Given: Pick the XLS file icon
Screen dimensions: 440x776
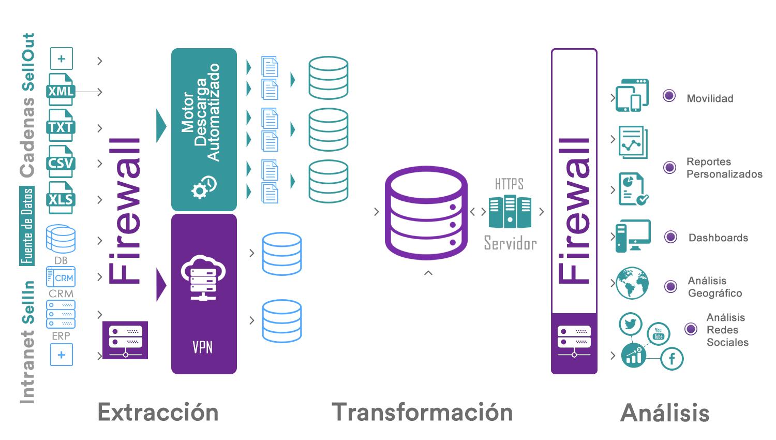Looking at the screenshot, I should click(x=61, y=198).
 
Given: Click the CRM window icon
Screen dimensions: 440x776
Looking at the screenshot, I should click(x=61, y=277).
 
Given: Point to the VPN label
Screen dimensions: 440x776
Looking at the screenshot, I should click(x=202, y=347).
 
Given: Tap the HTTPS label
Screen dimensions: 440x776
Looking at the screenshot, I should click(x=509, y=184).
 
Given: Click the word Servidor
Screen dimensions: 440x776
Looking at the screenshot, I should click(x=510, y=243).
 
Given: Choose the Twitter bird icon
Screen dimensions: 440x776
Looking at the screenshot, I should click(x=630, y=324).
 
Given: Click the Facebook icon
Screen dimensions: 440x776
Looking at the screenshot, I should click(x=672, y=358).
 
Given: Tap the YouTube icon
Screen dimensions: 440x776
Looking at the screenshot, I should click(x=658, y=334).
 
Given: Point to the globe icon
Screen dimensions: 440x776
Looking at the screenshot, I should click(x=632, y=283).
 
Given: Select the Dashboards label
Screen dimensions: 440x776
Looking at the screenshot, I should click(x=718, y=238).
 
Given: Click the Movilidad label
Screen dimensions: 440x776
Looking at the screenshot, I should click(x=710, y=98).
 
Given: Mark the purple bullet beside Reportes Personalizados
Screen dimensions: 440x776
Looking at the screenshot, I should click(x=669, y=167).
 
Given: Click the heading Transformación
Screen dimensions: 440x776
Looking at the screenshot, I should click(x=422, y=413).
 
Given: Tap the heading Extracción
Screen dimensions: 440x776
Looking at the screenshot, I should click(x=158, y=413).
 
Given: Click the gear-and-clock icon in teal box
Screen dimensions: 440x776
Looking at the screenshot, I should click(x=204, y=187).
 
